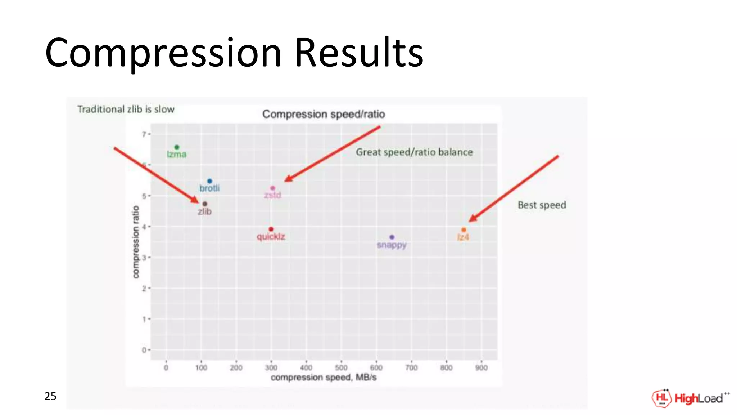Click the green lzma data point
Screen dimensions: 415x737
(177, 147)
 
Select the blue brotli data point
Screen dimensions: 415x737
(209, 181)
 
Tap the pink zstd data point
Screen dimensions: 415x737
(272, 188)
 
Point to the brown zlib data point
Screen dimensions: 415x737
(205, 204)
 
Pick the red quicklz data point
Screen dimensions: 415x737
(271, 229)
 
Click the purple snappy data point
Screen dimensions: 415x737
(392, 237)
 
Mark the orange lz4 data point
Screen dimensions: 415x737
(464, 229)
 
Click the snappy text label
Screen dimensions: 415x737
(392, 245)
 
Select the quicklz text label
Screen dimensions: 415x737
(271, 237)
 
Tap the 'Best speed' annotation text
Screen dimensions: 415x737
(542, 205)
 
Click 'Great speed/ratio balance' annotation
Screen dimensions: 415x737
(414, 152)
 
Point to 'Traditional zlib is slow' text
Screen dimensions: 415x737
(126, 109)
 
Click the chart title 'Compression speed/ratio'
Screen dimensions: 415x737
(324, 114)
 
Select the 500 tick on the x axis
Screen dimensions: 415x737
(341, 367)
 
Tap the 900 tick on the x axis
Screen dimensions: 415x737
(481, 367)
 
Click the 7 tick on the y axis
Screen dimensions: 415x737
(144, 134)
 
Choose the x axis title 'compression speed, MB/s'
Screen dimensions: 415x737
(324, 377)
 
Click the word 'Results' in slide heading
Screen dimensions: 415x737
(359, 53)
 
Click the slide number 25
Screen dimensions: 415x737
(50, 396)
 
